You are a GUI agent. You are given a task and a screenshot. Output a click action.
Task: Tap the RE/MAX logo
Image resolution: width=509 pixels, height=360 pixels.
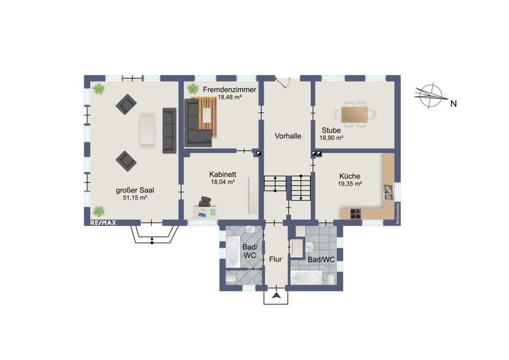click(x=103, y=223)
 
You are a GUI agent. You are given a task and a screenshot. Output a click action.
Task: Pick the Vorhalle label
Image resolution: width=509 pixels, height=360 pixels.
click(x=288, y=136)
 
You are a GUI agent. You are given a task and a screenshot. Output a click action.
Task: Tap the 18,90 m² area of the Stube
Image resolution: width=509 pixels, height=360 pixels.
click(x=331, y=139)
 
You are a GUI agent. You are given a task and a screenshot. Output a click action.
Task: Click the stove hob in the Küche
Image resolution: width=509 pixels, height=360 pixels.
click(x=355, y=213)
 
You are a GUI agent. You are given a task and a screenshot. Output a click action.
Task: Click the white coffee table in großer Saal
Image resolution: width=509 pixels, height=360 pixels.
click(x=146, y=129)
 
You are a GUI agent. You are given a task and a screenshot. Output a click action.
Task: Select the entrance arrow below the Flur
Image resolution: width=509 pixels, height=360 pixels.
click(x=276, y=295)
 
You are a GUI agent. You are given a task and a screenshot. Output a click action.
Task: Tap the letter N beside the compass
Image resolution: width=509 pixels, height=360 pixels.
click(x=453, y=103)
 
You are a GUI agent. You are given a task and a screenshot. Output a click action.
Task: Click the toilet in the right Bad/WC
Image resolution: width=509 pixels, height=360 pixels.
click(x=329, y=279)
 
